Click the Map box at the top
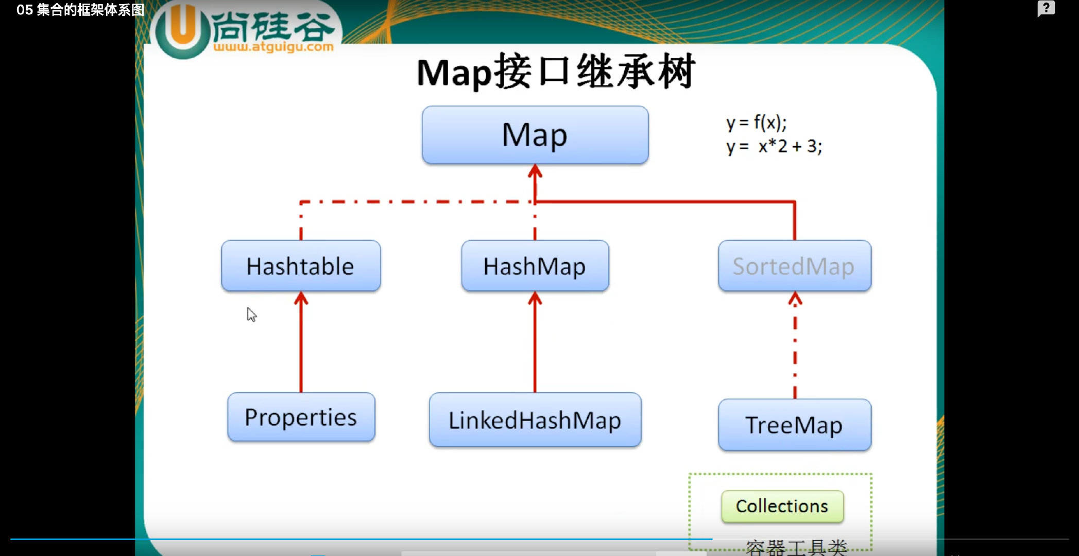[x=535, y=135]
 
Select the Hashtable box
[x=301, y=266]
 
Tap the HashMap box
[x=535, y=266]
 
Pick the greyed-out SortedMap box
[x=794, y=266]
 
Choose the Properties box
[x=301, y=417]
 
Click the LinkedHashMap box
[x=535, y=420]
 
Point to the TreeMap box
[x=794, y=425]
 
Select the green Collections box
[x=782, y=507]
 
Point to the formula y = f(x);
[x=756, y=123]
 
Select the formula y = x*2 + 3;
[x=774, y=147]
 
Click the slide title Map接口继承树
[x=556, y=72]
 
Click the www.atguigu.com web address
[x=273, y=47]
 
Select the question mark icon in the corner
[x=1046, y=9]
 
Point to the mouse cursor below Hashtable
[x=251, y=314]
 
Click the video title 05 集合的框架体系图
[x=80, y=10]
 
